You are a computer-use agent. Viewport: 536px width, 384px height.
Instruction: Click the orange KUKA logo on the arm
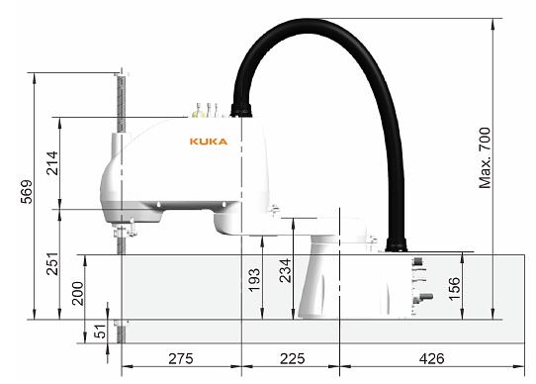pyautogui.click(x=208, y=142)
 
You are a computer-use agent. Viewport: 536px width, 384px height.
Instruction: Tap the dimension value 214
pyautogui.click(x=51, y=162)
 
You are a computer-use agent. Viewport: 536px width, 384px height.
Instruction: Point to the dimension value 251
pyautogui.click(x=51, y=264)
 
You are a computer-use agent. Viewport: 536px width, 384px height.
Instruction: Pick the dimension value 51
pyautogui.click(x=100, y=332)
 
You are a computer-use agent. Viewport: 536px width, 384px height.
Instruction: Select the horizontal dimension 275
pyautogui.click(x=181, y=358)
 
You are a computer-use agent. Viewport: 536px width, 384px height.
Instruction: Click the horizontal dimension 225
pyautogui.click(x=290, y=358)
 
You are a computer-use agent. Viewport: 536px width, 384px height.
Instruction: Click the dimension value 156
pyautogui.click(x=453, y=287)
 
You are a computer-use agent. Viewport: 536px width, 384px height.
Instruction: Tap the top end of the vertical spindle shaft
pyautogui.click(x=122, y=75)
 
